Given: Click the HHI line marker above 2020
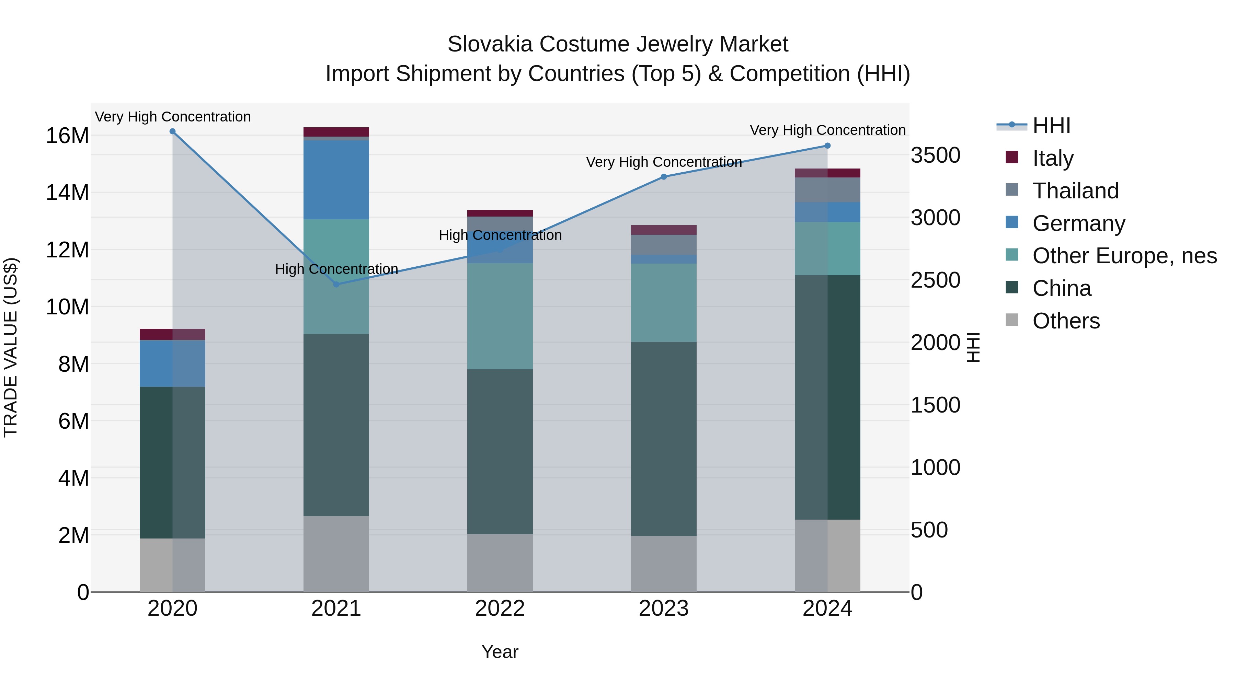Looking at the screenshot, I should pyautogui.click(x=172, y=131).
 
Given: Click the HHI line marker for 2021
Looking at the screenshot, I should pyautogui.click(x=336, y=285).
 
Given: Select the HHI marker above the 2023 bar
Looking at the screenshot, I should pyautogui.click(x=664, y=176).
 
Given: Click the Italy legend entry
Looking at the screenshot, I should pyautogui.click(x=1053, y=158).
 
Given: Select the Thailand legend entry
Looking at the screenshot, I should pyautogui.click(x=1075, y=190).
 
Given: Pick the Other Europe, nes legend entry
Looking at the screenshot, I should pyautogui.click(x=1124, y=256).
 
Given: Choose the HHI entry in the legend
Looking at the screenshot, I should pyautogui.click(x=1051, y=126).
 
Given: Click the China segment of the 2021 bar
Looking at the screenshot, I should pyautogui.click(x=336, y=425).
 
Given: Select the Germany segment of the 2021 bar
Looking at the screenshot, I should pyautogui.click(x=336, y=180).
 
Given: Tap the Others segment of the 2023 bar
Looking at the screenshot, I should pyautogui.click(x=664, y=564).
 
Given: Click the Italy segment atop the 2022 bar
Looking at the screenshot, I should pyautogui.click(x=500, y=213).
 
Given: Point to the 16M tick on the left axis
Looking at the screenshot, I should pyautogui.click(x=67, y=136).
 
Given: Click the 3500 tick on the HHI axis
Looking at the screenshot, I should pyautogui.click(x=935, y=155).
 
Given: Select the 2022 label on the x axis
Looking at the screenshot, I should pyautogui.click(x=500, y=609).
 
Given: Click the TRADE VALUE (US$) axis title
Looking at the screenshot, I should pyautogui.click(x=11, y=347).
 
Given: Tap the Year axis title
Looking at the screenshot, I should pyautogui.click(x=500, y=652).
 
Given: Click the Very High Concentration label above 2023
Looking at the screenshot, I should pyautogui.click(x=664, y=162).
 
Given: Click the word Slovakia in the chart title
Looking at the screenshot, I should pyautogui.click(x=490, y=44).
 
